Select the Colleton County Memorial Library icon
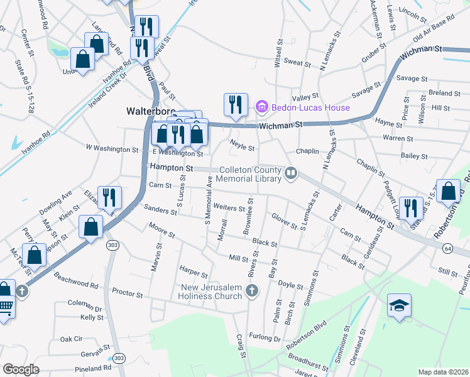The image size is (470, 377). point(290,172)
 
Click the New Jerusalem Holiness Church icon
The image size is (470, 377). point(251,290)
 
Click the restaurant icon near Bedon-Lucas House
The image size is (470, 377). point(236,104)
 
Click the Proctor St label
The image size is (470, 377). point(128,292)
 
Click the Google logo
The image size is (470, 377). point(21,369)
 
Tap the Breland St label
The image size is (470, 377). point(445,93)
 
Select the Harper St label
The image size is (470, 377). point(194,273)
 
